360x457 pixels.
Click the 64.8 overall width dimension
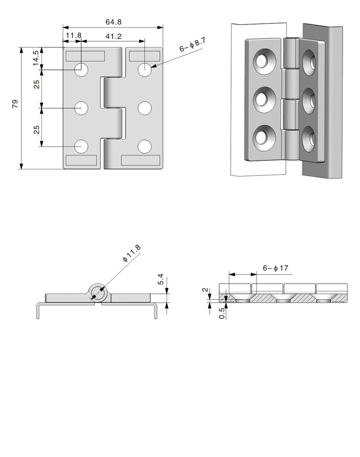point(113,21)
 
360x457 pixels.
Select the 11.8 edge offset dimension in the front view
point(73,35)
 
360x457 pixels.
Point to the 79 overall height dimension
point(15,104)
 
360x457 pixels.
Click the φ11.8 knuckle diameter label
point(132,254)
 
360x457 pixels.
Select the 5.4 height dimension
point(160,280)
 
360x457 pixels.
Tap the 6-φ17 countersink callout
point(275,268)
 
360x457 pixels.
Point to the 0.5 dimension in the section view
point(222,313)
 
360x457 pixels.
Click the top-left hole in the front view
point(82,70)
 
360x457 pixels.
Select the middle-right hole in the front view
point(144,108)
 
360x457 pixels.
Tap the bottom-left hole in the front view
point(82,147)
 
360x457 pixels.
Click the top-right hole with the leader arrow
point(144,70)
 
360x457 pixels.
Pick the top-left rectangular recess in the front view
point(85,56)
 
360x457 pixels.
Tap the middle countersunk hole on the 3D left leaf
point(263,100)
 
